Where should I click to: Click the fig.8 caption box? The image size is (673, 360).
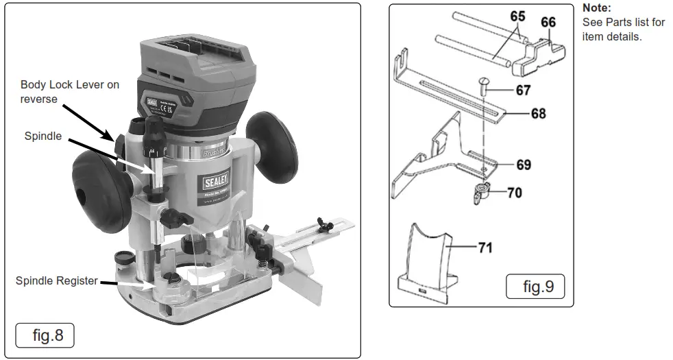[x=45, y=336]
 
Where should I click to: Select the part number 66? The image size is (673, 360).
[x=548, y=22]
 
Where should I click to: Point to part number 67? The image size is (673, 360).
[x=524, y=90]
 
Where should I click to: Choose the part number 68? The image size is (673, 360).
[x=538, y=113]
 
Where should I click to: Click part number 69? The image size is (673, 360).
[x=524, y=165]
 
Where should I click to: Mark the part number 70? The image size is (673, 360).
[x=514, y=193]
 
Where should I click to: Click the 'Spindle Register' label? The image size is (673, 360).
[x=57, y=281]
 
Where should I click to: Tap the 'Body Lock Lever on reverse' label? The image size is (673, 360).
[x=69, y=91]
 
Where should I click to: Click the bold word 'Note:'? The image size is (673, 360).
[x=596, y=9]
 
